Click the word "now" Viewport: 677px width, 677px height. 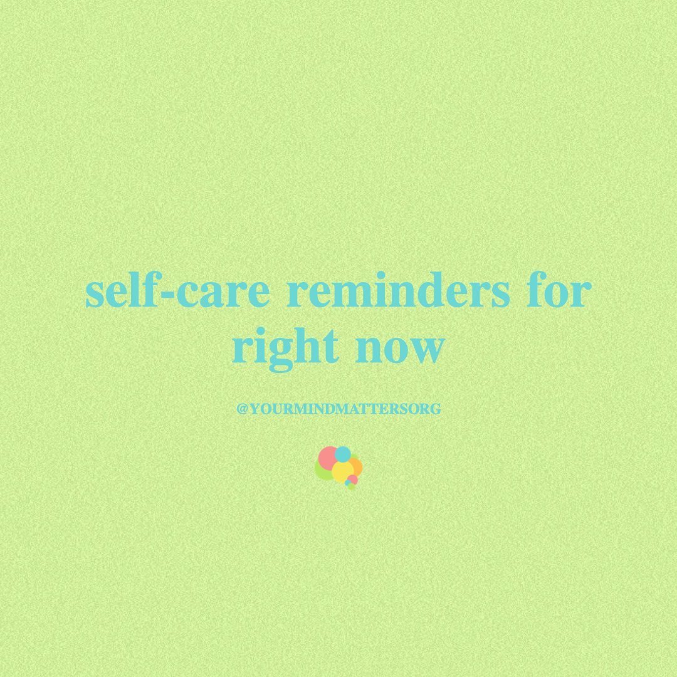click(399, 350)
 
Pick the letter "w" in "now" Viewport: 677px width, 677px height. click(425, 350)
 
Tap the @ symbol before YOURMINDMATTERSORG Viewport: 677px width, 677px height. click(242, 409)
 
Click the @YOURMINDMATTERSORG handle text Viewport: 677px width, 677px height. click(339, 409)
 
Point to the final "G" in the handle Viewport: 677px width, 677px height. click(436, 409)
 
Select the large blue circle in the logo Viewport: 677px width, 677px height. click(343, 454)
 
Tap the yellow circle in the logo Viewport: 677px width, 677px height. click(343, 473)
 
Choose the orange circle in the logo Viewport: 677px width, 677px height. click(357, 467)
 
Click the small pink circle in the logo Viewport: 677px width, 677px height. click(353, 480)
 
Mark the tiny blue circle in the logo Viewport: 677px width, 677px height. click(347, 483)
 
